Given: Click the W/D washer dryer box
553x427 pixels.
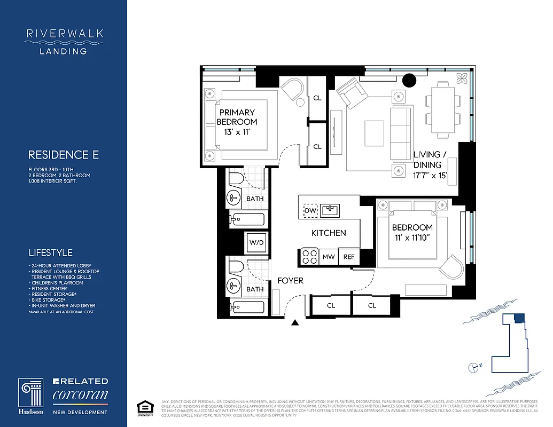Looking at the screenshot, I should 256,242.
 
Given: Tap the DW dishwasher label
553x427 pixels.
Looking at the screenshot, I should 310,211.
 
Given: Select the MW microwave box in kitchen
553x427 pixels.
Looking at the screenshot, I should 328,257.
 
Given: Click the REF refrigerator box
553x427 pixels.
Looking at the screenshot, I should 349,257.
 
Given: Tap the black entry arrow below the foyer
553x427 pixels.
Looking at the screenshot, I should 294,322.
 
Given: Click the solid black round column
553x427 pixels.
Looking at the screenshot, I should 409,80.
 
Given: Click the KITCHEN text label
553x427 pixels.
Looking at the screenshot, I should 329,233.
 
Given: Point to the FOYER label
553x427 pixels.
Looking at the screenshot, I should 290,281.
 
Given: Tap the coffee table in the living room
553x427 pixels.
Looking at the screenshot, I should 374,130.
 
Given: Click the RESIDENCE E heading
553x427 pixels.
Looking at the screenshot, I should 63,155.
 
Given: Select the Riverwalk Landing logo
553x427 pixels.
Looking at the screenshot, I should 64,42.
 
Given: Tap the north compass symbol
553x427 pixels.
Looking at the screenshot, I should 473,367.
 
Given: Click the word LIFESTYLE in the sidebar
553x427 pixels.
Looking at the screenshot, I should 50,252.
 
